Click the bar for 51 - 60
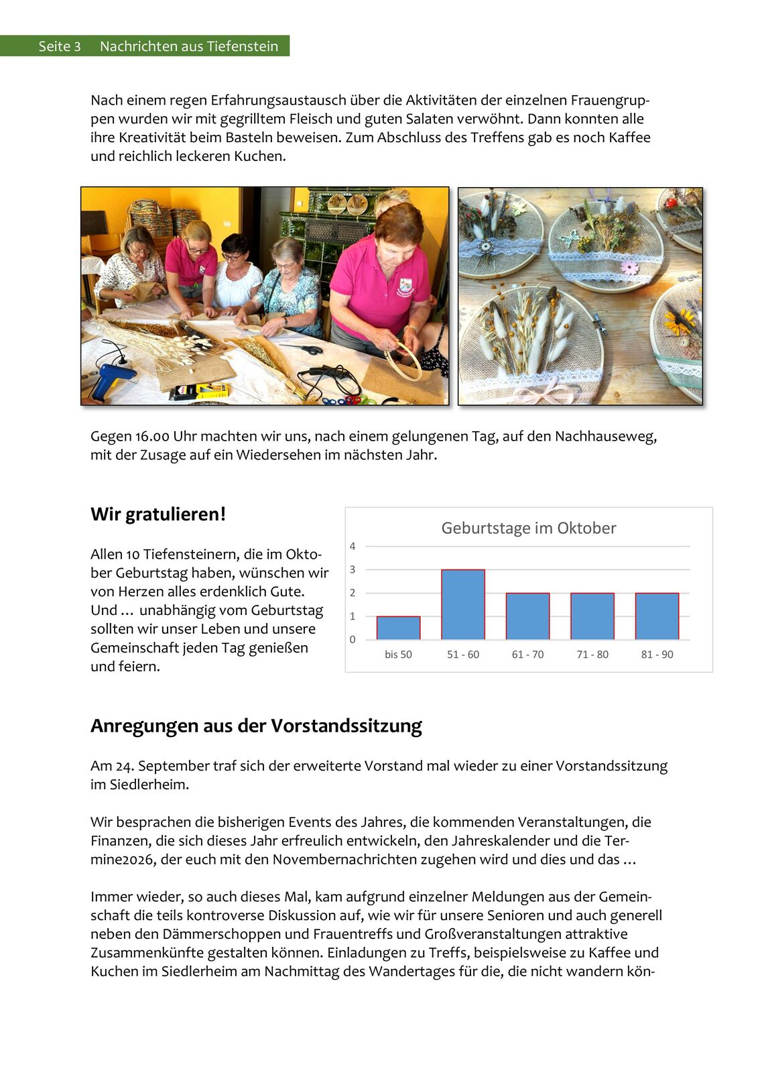tap(463, 604)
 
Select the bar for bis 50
tap(398, 628)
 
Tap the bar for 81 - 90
tap(657, 616)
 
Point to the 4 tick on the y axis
tap(353, 547)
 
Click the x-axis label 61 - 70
tap(527, 655)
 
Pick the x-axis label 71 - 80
tap(592, 655)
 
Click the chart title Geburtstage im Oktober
tap(528, 528)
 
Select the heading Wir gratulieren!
tap(158, 514)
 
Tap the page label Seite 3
tap(59, 46)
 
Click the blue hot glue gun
tap(108, 378)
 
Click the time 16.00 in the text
tap(152, 437)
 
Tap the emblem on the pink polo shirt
tap(405, 286)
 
